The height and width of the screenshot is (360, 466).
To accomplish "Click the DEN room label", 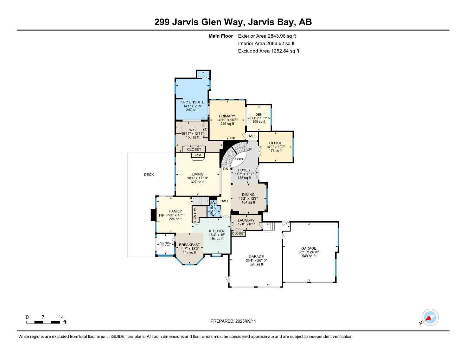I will tap(259, 114).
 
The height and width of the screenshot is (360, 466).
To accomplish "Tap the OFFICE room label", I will tap(275, 143).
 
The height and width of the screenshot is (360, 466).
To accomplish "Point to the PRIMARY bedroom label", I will tap(227, 116).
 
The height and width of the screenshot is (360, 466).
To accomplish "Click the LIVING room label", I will tap(197, 174).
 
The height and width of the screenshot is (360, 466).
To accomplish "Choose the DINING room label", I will tap(248, 194).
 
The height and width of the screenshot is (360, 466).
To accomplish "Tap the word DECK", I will tap(149, 175).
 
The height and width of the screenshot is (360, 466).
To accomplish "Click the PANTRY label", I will tap(195, 215).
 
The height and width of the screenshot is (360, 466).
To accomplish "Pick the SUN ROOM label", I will tap(165, 243).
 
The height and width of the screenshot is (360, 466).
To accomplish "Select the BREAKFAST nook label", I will tap(189, 245).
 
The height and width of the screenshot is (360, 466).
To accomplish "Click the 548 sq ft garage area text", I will tap(309, 256).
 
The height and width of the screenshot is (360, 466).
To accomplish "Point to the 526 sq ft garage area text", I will tap(256, 264).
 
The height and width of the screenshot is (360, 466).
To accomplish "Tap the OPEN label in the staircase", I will tap(239, 159).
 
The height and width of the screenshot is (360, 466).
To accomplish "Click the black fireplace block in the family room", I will tap(153, 215).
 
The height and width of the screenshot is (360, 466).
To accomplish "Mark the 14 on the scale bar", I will tap(61, 317).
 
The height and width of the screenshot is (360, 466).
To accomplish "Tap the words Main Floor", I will tap(221, 36).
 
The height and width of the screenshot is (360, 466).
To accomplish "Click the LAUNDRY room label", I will tap(246, 220).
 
